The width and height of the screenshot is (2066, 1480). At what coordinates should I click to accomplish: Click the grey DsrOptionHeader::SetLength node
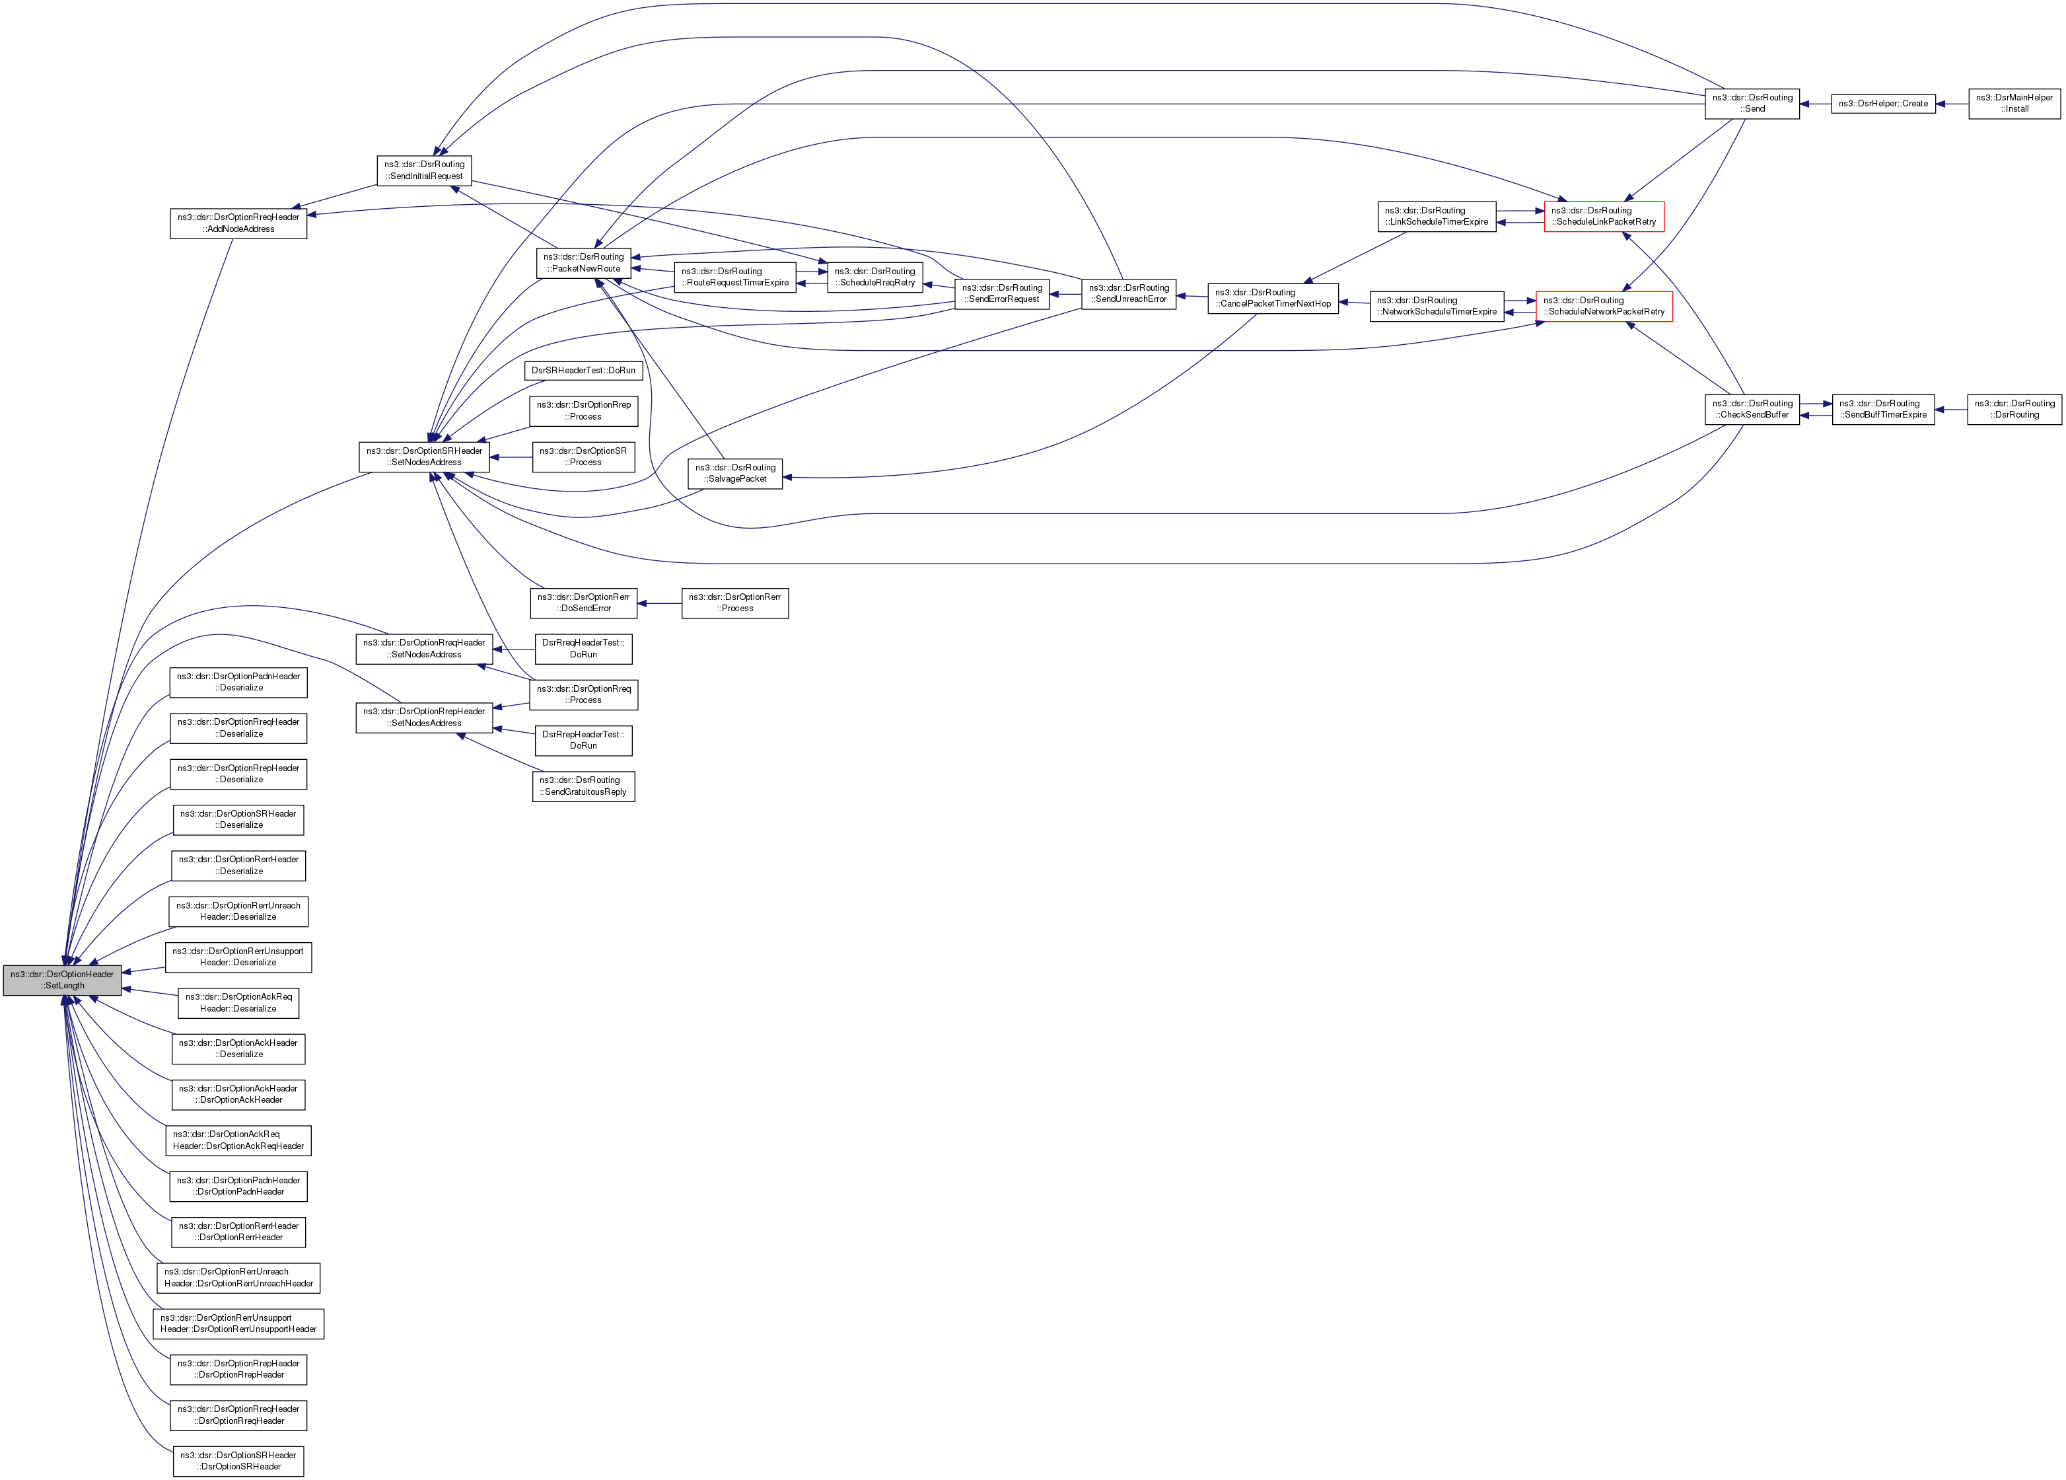tap(62, 980)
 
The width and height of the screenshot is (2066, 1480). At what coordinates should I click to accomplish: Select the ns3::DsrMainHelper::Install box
tap(2014, 103)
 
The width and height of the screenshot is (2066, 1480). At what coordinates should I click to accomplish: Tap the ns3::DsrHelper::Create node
tap(1883, 104)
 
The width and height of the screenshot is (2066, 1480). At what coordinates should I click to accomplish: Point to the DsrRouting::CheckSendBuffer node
tap(1752, 409)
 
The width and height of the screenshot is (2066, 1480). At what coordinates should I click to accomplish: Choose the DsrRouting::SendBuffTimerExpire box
tap(1883, 409)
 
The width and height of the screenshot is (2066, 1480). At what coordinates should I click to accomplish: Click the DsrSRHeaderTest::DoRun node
tap(583, 371)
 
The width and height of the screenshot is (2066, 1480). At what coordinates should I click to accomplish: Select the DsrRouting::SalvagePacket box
tap(735, 473)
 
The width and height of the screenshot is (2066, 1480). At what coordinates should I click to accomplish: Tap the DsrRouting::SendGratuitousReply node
tap(583, 786)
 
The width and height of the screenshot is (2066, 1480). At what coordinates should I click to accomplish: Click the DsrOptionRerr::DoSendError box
tap(583, 603)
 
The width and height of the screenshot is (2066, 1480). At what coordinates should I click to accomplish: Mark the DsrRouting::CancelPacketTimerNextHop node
tap(1273, 298)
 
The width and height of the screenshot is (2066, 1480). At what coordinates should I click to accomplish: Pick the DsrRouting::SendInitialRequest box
tap(423, 170)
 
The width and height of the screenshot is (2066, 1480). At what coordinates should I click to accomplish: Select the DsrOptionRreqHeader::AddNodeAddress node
tap(238, 223)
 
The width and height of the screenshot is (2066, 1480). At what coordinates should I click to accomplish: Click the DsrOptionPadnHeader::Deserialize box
tap(238, 682)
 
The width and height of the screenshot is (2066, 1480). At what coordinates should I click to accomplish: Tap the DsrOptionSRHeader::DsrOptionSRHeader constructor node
tap(238, 1461)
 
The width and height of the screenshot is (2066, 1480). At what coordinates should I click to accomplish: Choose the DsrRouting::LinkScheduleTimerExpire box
tap(1436, 216)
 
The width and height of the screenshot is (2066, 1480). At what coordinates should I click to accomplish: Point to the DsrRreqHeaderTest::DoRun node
tap(583, 649)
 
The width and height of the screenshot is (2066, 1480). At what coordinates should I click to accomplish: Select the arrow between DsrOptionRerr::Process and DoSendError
tap(659, 603)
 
